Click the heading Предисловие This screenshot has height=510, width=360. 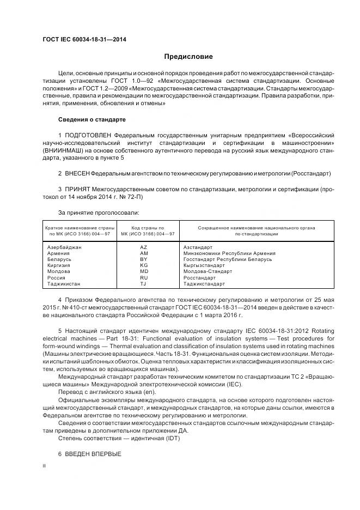point(188,56)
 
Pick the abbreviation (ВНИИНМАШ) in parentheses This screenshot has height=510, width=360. point(63,150)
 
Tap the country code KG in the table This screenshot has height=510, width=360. point(144,265)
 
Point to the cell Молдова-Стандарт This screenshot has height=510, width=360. point(208,271)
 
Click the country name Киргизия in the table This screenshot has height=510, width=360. point(60,265)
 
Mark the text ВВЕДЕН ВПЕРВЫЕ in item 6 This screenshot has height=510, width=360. point(93,454)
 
